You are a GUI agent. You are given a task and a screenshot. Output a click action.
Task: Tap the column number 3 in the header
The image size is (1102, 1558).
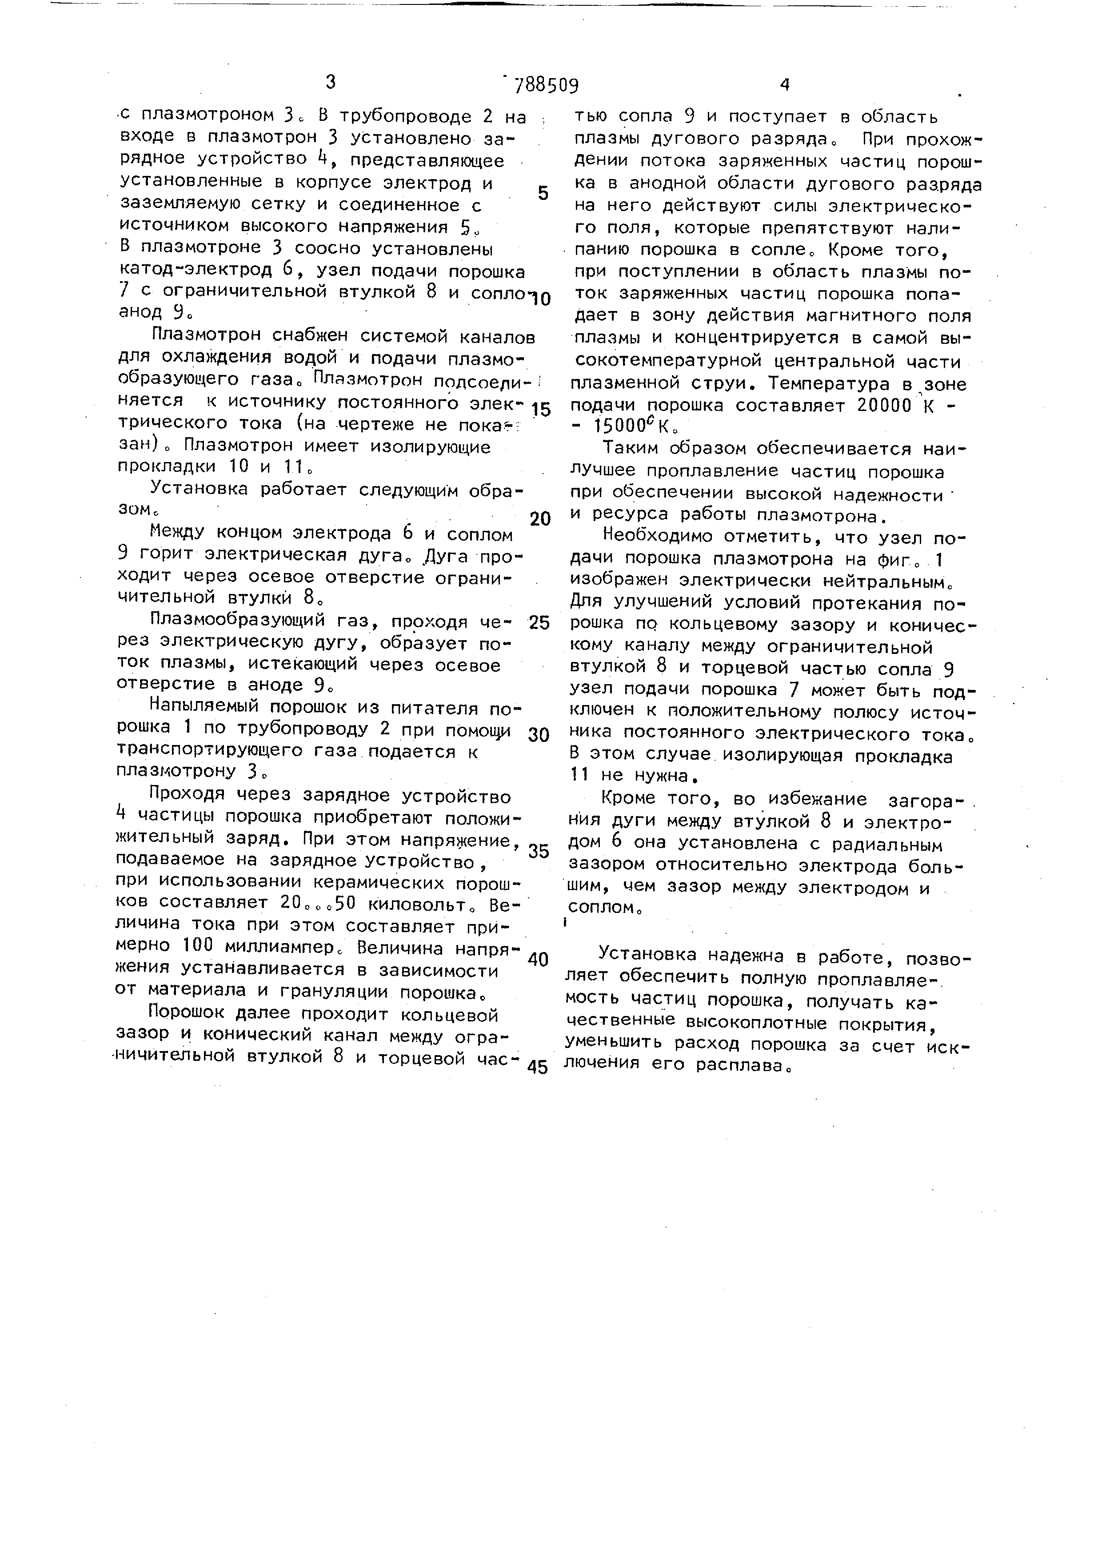tap(331, 83)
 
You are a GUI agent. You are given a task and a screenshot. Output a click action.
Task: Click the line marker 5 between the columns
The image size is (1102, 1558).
tap(543, 193)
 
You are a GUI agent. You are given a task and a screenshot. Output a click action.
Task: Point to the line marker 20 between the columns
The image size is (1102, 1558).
tap(540, 519)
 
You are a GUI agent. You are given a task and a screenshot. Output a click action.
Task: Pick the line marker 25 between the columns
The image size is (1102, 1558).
tap(539, 622)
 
